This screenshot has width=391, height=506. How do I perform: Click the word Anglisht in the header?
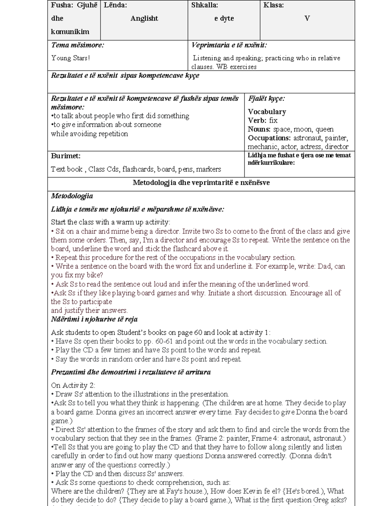pyautogui.click(x=144, y=19)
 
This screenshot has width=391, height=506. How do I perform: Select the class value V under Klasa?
pyautogui.click(x=307, y=19)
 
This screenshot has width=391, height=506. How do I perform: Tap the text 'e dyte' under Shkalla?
pyautogui.click(x=224, y=19)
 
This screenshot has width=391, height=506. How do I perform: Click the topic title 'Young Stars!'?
pyautogui.click(x=70, y=58)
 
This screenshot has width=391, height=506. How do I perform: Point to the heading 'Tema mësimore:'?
pyautogui.click(x=78, y=45)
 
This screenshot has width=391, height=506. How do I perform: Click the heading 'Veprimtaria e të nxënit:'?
pyautogui.click(x=229, y=45)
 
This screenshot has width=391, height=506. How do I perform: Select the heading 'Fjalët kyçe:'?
pyautogui.click(x=266, y=99)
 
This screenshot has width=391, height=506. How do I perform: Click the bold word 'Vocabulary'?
pyautogui.click(x=267, y=112)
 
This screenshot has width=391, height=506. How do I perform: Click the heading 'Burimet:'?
pyautogui.click(x=65, y=156)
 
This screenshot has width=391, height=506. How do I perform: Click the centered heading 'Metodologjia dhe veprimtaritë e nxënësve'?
pyautogui.click(x=201, y=183)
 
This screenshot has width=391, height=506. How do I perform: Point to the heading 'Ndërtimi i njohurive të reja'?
pyautogui.click(x=94, y=319)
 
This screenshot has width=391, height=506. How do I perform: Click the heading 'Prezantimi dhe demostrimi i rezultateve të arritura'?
pyautogui.click(x=131, y=372)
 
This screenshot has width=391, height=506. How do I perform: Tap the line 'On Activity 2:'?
pyautogui.click(x=73, y=385)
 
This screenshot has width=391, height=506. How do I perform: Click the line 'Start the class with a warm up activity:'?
pyautogui.click(x=110, y=222)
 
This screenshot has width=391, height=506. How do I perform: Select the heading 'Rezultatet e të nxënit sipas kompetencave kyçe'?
pyautogui.click(x=125, y=76)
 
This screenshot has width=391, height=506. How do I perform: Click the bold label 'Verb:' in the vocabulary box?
pyautogui.click(x=257, y=121)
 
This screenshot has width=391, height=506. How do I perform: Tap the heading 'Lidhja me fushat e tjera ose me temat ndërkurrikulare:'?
pyautogui.click(x=299, y=159)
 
